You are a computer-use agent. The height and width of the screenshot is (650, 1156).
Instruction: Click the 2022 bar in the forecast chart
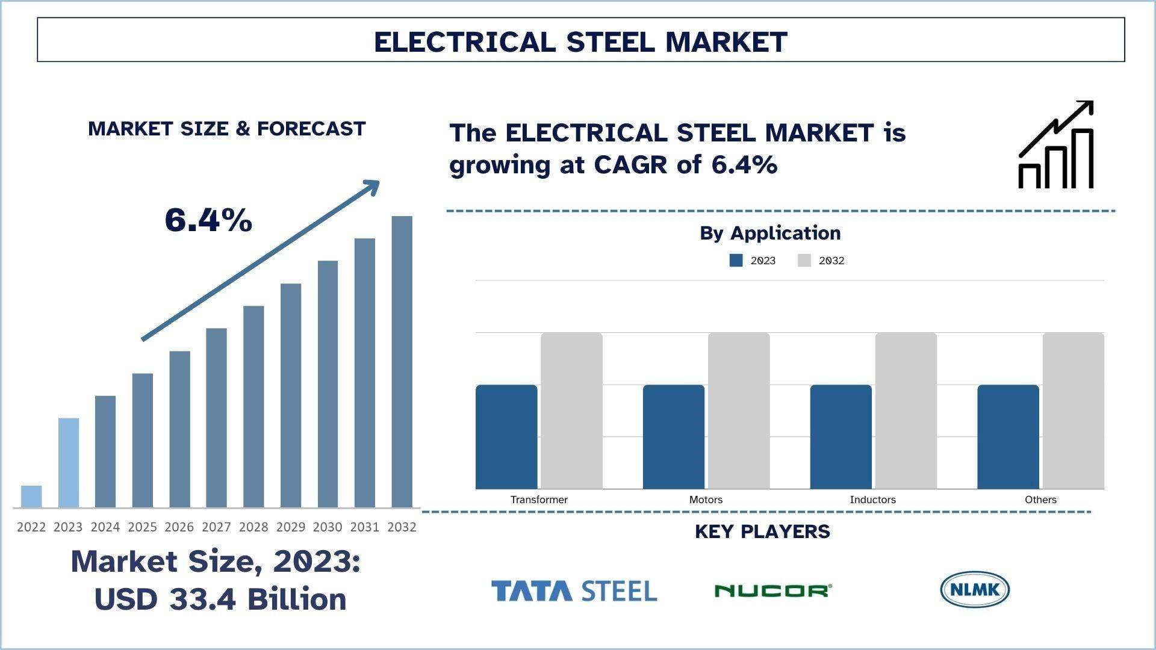click(31, 497)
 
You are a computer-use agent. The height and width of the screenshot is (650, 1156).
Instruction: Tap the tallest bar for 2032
click(402, 361)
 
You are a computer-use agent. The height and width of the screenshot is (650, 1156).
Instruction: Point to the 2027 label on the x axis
click(216, 527)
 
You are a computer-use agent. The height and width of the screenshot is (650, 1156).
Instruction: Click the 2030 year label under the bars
click(328, 527)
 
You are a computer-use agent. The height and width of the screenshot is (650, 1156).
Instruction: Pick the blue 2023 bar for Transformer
click(506, 436)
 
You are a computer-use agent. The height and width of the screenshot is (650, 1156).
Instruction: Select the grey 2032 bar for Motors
click(739, 410)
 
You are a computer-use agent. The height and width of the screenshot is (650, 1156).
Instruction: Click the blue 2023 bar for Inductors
click(841, 436)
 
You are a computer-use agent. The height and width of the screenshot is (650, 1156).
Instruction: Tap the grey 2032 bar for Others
click(1073, 410)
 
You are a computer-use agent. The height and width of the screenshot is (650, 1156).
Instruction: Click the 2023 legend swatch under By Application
click(736, 261)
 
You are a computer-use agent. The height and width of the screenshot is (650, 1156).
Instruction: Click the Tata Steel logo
click(574, 591)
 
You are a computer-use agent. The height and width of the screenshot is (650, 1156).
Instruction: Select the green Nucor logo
click(773, 591)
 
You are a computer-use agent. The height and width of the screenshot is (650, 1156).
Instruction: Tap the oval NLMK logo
click(974, 589)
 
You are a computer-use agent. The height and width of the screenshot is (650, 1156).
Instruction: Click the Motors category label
click(706, 500)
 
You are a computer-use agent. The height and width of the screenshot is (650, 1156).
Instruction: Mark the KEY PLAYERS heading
click(762, 531)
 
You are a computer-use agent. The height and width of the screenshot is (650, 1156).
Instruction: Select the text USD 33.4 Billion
click(220, 599)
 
